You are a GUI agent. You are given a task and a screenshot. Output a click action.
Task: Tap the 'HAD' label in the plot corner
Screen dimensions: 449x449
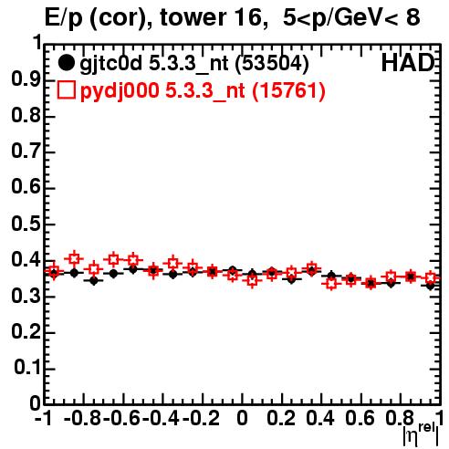pyautogui.click(x=408, y=63)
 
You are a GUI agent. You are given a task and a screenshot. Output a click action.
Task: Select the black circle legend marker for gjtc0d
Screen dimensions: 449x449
pyautogui.click(x=66, y=63)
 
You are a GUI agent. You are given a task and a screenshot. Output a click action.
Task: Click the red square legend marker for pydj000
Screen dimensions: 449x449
pyautogui.click(x=66, y=90)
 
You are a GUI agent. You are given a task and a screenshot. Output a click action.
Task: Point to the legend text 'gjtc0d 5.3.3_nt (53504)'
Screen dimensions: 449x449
pyautogui.click(x=194, y=64)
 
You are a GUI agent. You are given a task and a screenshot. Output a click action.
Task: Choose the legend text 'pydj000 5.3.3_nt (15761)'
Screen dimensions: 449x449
pyautogui.click(x=203, y=90)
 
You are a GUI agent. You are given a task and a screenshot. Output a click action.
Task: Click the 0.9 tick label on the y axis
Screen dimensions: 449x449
pyautogui.click(x=26, y=79)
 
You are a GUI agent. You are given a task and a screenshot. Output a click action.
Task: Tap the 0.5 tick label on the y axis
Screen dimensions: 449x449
pyautogui.click(x=26, y=224)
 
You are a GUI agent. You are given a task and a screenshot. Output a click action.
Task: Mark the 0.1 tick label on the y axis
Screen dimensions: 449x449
pyautogui.click(x=26, y=368)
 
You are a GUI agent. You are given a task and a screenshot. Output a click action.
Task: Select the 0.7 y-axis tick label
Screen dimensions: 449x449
pyautogui.click(x=26, y=151)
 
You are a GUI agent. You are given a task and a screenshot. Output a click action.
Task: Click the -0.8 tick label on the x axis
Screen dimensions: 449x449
pyautogui.click(x=82, y=419)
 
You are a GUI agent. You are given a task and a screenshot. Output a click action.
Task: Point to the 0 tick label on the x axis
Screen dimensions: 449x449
pyautogui.click(x=242, y=419)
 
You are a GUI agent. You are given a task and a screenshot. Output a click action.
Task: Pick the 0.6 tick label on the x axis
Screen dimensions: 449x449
pyautogui.click(x=360, y=419)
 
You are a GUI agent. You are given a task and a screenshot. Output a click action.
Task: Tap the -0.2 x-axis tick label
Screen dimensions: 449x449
pyautogui.click(x=201, y=419)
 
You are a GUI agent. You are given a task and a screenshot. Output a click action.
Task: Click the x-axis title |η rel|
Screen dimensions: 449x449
pyautogui.click(x=421, y=434)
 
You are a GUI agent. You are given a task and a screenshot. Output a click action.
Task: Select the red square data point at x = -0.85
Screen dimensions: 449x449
pyautogui.click(x=74, y=259)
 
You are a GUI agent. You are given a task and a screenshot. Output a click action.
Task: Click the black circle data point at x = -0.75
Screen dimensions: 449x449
pyautogui.click(x=94, y=281)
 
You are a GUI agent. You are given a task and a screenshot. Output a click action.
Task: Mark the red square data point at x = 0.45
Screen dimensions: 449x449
pyautogui.click(x=331, y=284)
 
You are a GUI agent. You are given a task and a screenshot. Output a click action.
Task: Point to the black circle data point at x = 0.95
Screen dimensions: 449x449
pyautogui.click(x=430, y=286)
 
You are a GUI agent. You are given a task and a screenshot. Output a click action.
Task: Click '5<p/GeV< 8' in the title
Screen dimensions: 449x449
pyautogui.click(x=351, y=18)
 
